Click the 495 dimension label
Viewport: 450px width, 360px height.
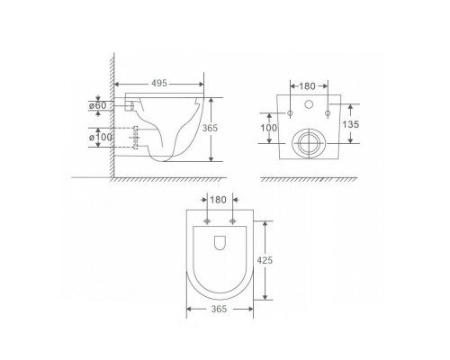159,83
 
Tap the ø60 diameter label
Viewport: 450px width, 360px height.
98,105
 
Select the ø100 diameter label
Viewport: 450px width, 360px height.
101,138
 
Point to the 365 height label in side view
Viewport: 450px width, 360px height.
210,128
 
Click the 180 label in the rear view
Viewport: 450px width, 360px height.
307,86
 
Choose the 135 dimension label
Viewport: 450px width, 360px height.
351,124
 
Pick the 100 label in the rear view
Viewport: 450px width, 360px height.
269,128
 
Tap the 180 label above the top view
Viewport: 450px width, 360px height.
218,200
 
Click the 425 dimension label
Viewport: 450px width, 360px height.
265,260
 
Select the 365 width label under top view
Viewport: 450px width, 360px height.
219,309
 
